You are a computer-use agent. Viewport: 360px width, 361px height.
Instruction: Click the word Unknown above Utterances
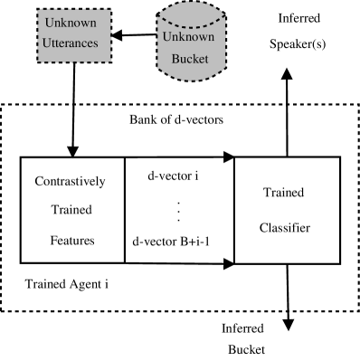tap(71, 23)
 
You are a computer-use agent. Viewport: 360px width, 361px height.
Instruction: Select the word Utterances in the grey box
tap(71, 43)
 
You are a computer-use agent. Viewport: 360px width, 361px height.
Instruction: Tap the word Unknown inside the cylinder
tap(188, 37)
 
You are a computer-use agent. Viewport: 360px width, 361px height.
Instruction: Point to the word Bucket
tap(190, 60)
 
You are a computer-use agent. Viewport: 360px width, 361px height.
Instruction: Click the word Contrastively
tap(70, 181)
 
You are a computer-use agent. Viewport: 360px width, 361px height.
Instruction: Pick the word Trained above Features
tap(71, 211)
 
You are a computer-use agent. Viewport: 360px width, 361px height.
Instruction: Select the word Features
tap(71, 242)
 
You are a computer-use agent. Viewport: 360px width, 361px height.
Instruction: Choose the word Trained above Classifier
tap(284, 193)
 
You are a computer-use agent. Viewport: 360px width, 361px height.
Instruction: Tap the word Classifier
tap(285, 228)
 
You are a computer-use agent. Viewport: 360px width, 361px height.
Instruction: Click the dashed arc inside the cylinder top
tap(189, 23)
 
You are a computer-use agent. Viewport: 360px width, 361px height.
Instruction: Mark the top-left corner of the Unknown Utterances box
tap(39, 10)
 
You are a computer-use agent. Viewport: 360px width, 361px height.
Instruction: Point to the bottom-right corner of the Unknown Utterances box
tap(111, 62)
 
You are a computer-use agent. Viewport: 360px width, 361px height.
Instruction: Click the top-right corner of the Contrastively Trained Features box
tap(123, 158)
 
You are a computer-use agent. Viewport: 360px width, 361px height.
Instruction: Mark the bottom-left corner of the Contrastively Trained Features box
tap(22, 262)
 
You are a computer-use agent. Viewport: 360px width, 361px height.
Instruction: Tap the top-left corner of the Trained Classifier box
tap(235, 158)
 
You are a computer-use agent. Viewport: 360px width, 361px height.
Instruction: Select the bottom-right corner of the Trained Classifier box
tap(338, 262)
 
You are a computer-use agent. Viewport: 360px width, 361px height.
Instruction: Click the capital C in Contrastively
tap(39, 181)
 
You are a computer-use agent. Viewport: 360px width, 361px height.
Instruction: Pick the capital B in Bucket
tap(175, 60)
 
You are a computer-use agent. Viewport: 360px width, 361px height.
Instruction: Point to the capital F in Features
tap(52, 242)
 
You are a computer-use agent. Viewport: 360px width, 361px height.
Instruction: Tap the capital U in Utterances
tap(47, 43)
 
